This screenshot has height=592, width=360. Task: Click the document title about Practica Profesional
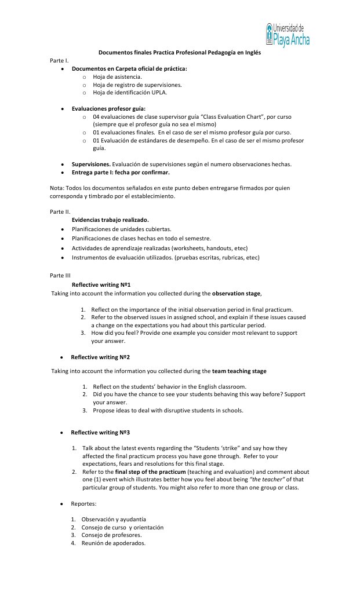(179, 52)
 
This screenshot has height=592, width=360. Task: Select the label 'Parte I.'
(59, 60)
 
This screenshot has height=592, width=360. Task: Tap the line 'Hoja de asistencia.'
(117, 76)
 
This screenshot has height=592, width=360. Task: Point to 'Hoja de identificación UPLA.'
(130, 92)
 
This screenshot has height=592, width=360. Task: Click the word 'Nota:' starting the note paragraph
(58, 188)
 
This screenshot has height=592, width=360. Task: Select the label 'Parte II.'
(60, 212)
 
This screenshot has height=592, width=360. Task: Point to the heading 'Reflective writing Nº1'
(101, 284)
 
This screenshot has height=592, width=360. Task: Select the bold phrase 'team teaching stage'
(239, 371)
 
